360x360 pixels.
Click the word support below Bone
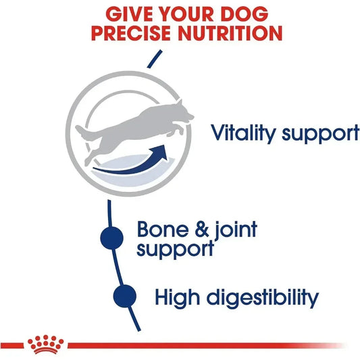coord(174,249)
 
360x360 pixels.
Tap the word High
coord(178,297)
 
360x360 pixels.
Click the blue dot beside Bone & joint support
coord(112,237)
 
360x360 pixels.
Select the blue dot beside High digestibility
coord(125,295)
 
